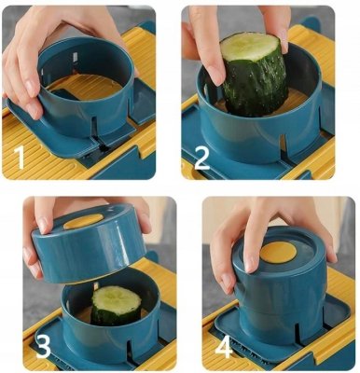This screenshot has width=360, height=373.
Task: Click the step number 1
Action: [x=19, y=158]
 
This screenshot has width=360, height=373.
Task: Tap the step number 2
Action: [x=201, y=158]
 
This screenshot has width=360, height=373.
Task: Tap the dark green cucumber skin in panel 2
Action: [x=256, y=85]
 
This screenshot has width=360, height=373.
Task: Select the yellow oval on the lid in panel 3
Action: [x=83, y=222]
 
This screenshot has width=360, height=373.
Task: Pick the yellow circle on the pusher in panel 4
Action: [x=278, y=252]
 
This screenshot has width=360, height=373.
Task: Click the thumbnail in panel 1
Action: [x=32, y=110]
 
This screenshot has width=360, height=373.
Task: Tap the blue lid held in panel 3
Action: [x=89, y=243]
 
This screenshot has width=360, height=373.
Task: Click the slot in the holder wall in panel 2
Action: [x=283, y=146]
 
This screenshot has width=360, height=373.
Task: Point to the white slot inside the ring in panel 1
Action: [x=76, y=58]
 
